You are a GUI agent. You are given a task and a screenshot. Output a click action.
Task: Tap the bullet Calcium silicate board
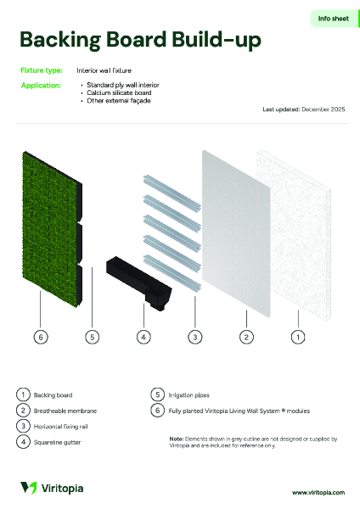click(118, 93)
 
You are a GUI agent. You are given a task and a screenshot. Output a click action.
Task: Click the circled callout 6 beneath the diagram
click(40, 337)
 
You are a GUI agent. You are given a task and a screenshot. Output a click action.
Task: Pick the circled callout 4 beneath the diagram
click(143, 337)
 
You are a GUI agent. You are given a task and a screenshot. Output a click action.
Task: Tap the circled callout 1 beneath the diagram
click(298, 337)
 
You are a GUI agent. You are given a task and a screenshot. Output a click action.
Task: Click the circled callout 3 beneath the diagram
click(194, 337)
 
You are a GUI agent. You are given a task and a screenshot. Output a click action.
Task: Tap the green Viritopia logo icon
click(29, 487)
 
